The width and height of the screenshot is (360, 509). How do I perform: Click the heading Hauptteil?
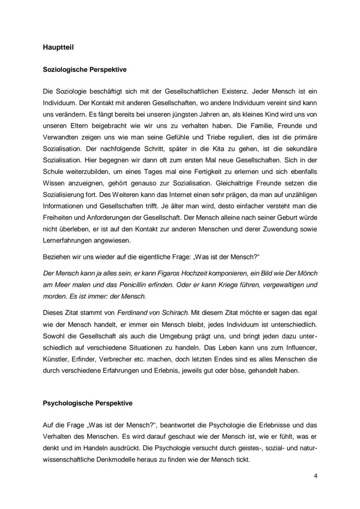point(58,47)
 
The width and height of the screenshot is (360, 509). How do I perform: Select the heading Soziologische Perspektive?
point(84,69)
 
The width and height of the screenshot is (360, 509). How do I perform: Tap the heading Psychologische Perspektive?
point(87,403)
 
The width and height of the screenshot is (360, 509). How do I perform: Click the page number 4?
point(315,476)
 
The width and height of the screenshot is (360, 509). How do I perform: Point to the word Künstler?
point(56,359)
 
